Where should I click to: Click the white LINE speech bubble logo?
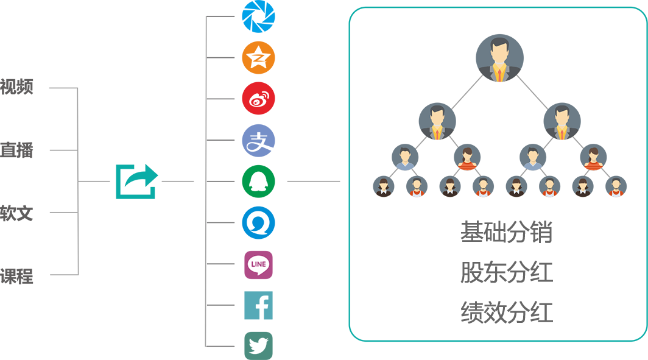pyautogui.click(x=258, y=265)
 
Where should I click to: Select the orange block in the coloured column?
pyautogui.click(x=273, y=57)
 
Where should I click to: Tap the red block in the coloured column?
pyautogui.click(x=273, y=97)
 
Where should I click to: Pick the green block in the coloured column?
pyautogui.click(x=259, y=181)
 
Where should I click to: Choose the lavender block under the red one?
pyautogui.click(x=273, y=139)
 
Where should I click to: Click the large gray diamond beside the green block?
pyautogui.click(x=313, y=181)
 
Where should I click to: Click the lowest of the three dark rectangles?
pyautogui.click(x=507, y=312)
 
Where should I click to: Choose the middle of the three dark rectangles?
pyautogui.click(x=507, y=272)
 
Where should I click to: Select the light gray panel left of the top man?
pyautogui.click(x=465, y=90)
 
